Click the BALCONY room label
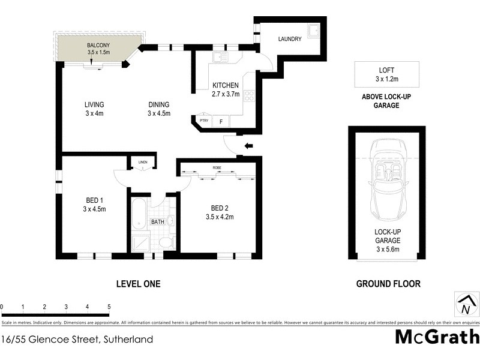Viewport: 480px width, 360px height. click(97, 45)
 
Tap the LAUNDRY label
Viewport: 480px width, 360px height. click(290, 40)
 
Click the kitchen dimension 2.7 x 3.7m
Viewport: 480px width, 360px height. click(226, 94)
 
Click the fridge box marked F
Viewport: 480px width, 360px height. click(220, 122)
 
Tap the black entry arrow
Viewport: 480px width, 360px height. click(248, 146)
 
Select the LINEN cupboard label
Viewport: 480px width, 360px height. click(142, 161)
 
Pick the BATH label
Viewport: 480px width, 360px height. click(157, 222)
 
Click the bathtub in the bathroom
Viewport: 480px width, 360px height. click(139, 217)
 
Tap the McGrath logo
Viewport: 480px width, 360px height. click(437, 337)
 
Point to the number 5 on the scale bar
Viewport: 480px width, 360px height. click(109, 307)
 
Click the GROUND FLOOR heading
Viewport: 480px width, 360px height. click(388, 284)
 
